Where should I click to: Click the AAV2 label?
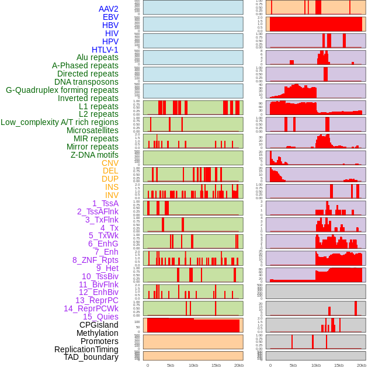[x=108, y=9]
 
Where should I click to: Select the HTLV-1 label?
[x=105, y=50]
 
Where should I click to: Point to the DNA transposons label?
[x=86, y=82]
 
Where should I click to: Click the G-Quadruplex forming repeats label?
[x=62, y=90]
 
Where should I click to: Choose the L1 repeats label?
[x=99, y=106]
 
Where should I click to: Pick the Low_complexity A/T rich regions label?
[x=60, y=122]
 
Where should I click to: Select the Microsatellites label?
[x=92, y=130]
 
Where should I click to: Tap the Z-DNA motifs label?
[x=95, y=155]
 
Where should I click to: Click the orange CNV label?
[x=110, y=163]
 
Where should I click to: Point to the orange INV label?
[x=112, y=195]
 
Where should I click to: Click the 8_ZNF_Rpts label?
[x=95, y=260]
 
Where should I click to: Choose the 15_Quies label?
[x=100, y=317]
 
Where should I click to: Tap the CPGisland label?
[x=99, y=325]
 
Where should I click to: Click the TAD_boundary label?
[x=91, y=357]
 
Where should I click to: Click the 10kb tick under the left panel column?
[x=193, y=365]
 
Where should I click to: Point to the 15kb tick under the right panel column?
[x=338, y=365]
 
